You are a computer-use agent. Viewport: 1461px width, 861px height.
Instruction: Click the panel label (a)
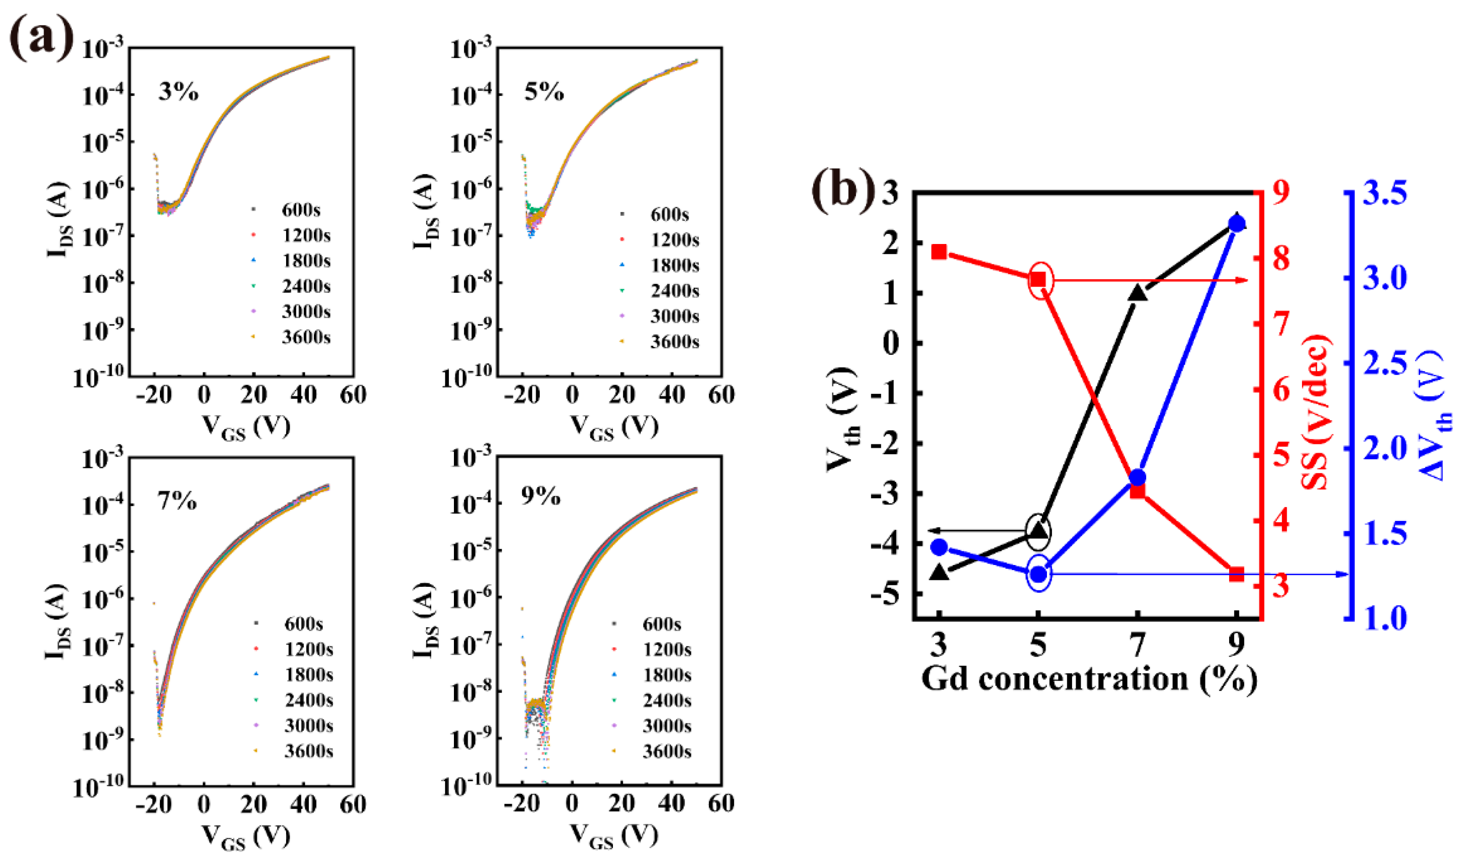[42, 36]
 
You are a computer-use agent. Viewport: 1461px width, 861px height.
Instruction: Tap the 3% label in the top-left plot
[178, 92]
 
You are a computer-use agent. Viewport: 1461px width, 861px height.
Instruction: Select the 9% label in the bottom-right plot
[540, 496]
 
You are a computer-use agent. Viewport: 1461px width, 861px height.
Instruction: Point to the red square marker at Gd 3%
[939, 252]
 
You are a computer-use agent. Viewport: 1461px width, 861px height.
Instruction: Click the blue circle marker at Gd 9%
[1237, 224]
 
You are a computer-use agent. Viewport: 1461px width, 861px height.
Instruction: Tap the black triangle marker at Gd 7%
[1137, 293]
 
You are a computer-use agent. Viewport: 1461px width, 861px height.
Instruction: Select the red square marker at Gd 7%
[1137, 491]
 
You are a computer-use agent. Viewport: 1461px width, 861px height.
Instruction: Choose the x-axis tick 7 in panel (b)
[1137, 644]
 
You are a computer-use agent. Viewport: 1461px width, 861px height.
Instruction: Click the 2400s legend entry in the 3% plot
[306, 286]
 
